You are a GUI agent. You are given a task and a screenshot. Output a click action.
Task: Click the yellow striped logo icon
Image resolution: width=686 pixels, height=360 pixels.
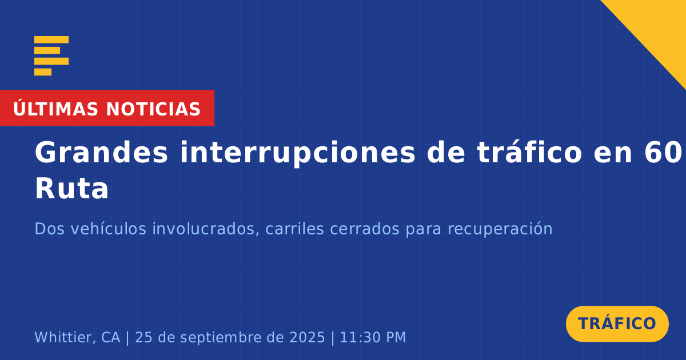click(x=51, y=56)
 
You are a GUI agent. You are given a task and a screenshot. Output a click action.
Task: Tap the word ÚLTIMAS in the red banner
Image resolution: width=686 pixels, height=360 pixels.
click(x=55, y=108)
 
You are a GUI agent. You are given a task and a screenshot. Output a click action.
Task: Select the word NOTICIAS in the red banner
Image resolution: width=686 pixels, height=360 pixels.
click(x=153, y=109)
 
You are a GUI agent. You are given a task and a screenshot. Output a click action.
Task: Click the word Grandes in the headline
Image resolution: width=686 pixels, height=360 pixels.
click(x=101, y=153)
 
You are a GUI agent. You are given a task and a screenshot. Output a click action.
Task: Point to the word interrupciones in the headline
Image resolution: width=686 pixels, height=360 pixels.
click(x=298, y=153)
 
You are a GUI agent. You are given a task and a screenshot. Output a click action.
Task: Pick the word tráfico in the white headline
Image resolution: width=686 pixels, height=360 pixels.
click(x=529, y=152)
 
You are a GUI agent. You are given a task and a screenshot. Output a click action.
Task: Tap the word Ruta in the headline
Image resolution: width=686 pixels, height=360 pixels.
click(x=72, y=189)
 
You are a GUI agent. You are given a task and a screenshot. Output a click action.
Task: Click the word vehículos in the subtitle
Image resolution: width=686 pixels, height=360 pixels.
click(x=109, y=229)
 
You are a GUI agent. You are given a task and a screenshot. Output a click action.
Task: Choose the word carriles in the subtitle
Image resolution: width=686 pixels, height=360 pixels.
click(x=294, y=229)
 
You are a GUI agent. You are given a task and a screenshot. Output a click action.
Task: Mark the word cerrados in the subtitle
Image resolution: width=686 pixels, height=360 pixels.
click(x=365, y=229)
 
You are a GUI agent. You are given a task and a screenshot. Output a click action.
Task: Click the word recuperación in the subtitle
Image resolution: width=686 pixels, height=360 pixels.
click(x=500, y=230)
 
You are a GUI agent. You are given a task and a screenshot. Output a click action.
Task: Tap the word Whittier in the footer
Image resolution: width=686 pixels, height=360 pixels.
click(x=62, y=337)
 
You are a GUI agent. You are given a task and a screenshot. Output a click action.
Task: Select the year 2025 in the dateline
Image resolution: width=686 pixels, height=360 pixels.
click(x=307, y=337)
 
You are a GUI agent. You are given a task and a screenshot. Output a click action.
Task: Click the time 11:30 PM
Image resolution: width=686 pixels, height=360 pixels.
click(x=373, y=337)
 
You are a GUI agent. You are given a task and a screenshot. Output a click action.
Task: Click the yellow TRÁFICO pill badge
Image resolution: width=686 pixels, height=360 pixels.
click(x=617, y=324)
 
